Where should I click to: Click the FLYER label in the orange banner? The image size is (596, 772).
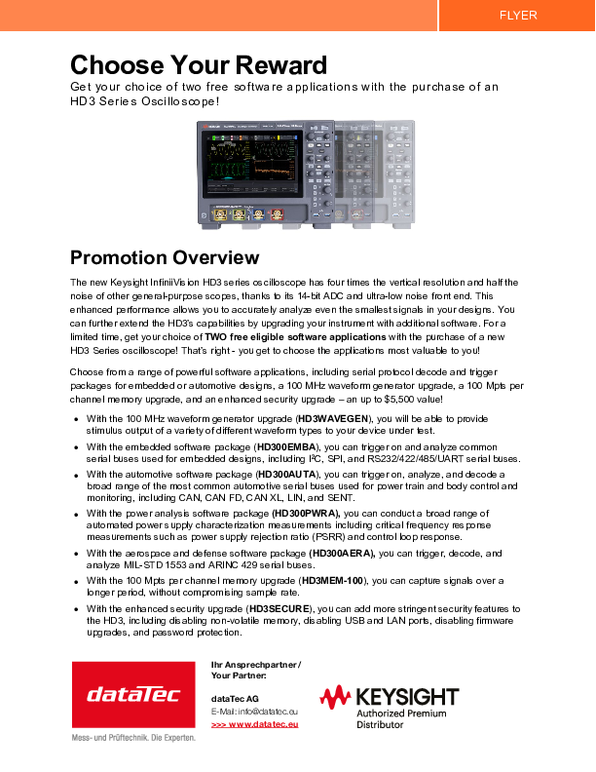517,15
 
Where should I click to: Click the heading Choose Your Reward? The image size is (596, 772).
198,65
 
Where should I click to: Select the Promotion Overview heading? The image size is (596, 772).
165,257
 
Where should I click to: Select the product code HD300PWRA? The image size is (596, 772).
307,513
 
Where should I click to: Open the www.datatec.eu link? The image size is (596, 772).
254,724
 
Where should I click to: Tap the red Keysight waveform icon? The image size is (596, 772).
336,697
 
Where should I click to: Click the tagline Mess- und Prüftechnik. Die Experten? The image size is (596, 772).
133,737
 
